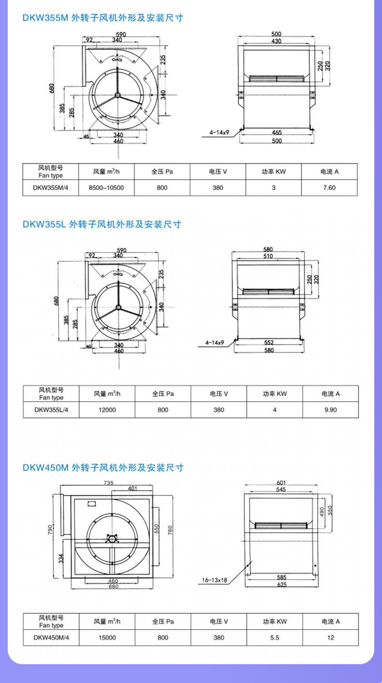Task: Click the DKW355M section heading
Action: click(103, 18)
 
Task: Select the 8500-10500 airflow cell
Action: click(106, 187)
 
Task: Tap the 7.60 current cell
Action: click(329, 187)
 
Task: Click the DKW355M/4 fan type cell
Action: click(51, 187)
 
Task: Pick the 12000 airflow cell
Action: click(107, 410)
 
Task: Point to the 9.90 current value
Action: click(330, 410)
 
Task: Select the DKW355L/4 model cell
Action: click(51, 410)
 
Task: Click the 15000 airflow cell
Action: click(107, 637)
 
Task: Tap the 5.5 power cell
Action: click(275, 637)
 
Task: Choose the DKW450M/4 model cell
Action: click(51, 637)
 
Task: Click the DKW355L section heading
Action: click(102, 224)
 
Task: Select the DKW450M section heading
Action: click(103, 468)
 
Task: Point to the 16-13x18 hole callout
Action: click(214, 580)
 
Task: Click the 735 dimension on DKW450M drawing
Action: click(108, 483)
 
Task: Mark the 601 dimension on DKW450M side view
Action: click(281, 483)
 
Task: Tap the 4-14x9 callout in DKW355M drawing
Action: click(220, 132)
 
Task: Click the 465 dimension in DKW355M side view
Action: click(277, 132)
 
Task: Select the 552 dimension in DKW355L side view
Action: click(269, 342)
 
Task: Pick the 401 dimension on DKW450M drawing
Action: click(132, 488)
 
